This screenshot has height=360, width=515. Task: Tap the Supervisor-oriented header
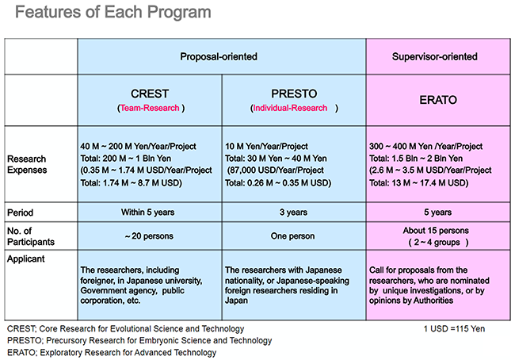pos(434,57)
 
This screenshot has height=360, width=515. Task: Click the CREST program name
pos(150,93)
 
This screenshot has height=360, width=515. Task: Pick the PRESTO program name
pos(293,93)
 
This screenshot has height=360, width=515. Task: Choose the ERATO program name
pos(435,100)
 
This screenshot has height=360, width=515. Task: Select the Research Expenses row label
pos(31,163)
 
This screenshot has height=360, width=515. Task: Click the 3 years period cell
pos(293,213)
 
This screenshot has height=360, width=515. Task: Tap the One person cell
pos(293,236)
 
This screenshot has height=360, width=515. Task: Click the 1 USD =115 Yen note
pos(457,328)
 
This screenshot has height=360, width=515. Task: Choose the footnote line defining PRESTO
pos(139,340)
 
